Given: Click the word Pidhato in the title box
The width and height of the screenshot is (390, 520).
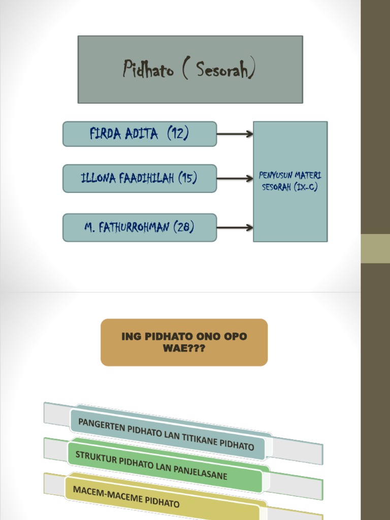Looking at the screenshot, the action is tap(148, 70).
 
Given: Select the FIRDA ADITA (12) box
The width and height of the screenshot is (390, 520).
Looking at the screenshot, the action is tap(140, 134).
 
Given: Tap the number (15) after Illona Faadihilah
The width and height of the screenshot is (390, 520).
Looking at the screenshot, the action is tap(187, 178).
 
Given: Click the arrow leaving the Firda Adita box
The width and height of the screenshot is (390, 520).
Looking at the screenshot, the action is tap(235, 134).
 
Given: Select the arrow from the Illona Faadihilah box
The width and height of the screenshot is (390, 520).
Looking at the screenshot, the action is tap(235, 178).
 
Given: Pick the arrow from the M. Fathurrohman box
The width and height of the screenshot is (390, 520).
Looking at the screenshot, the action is tap(235, 227).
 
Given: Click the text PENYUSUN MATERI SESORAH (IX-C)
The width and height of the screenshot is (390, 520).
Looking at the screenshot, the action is tap(290, 181).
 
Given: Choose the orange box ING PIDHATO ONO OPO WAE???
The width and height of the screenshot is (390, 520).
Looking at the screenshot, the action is tap(184, 342).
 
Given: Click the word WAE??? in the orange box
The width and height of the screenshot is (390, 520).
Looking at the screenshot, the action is tap(184, 349).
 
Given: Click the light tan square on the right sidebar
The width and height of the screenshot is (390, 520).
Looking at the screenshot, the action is tap(375, 248).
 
